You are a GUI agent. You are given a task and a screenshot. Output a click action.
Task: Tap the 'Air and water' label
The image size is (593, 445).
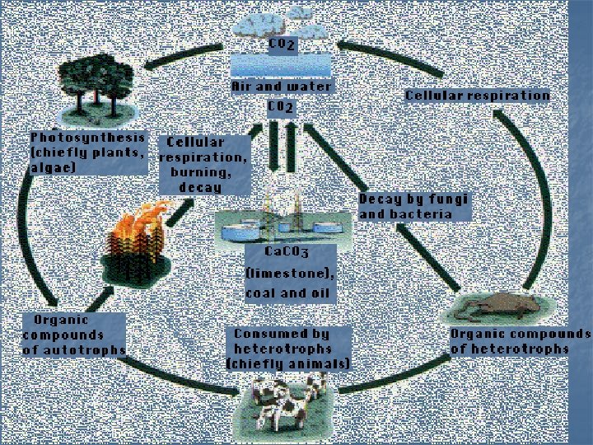[x=282, y=86]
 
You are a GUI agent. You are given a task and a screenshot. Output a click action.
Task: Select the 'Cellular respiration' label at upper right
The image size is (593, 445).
[x=477, y=96]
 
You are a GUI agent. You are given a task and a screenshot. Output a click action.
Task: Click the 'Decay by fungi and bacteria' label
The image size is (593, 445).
[x=413, y=207]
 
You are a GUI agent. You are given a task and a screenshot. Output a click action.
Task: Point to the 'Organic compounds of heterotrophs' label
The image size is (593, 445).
[x=520, y=341]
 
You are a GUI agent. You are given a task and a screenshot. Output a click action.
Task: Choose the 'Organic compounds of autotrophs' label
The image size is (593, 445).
[x=73, y=335]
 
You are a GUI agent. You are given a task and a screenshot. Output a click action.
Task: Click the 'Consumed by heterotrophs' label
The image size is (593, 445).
[x=287, y=349]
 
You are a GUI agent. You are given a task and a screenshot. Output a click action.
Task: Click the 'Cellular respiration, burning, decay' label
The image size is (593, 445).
[x=202, y=164]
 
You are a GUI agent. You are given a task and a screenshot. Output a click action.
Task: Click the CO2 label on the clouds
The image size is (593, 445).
[x=282, y=43]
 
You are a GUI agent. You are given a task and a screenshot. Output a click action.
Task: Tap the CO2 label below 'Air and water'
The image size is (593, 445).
[x=281, y=107]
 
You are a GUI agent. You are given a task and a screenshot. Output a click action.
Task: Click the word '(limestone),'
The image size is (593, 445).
[x=290, y=273]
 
